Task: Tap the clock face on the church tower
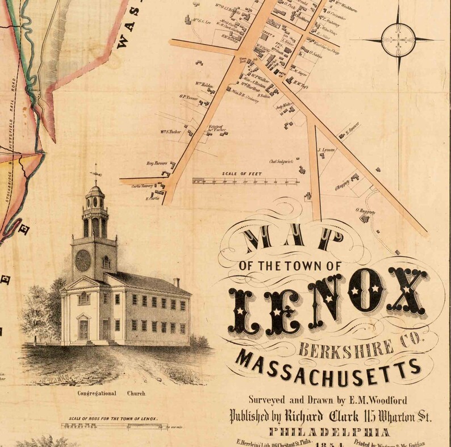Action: [83, 260]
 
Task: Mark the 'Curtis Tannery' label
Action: [143, 186]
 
